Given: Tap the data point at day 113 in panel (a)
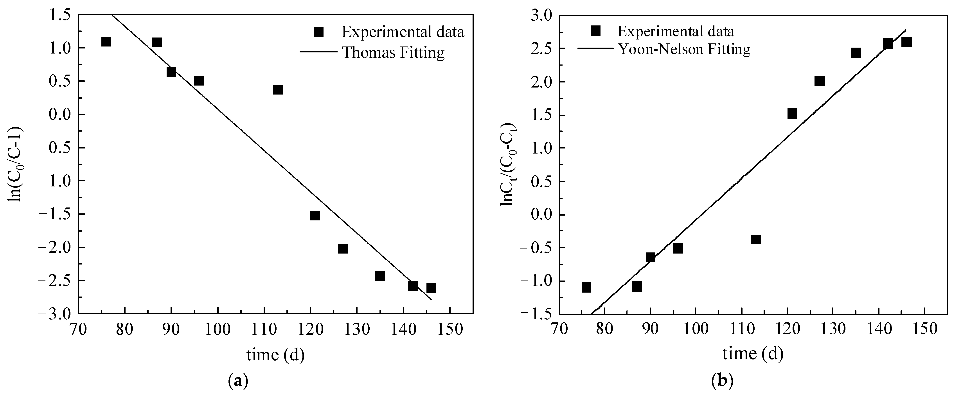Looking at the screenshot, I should (x=278, y=89).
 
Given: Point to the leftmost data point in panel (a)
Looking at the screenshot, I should (x=106, y=41).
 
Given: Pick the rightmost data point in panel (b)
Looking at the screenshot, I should (x=906, y=42).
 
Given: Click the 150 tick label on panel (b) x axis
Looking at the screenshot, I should (x=924, y=329).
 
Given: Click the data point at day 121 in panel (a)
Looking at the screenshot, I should (x=315, y=216).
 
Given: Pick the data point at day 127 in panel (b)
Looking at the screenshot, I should (x=820, y=81).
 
